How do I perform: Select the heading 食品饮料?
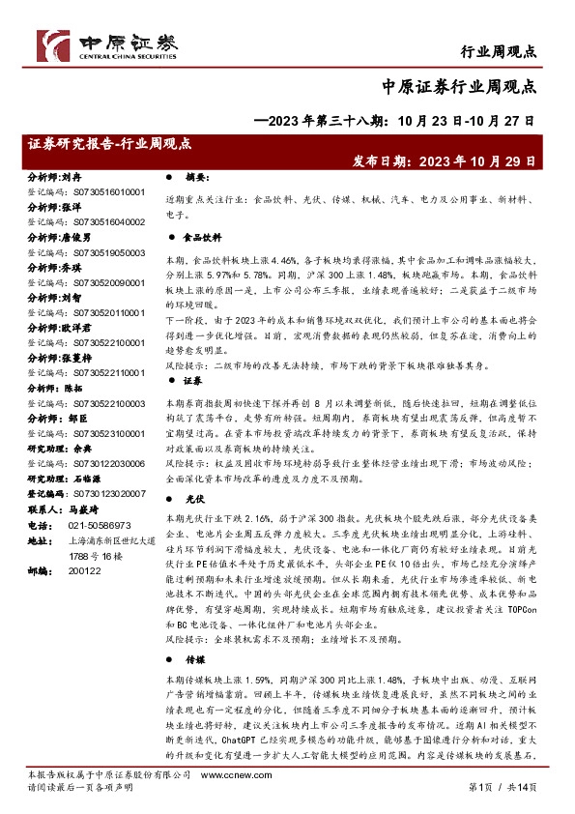pyautogui.click(x=204, y=236)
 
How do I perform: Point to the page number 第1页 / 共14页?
pyautogui.click(x=520, y=801)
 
